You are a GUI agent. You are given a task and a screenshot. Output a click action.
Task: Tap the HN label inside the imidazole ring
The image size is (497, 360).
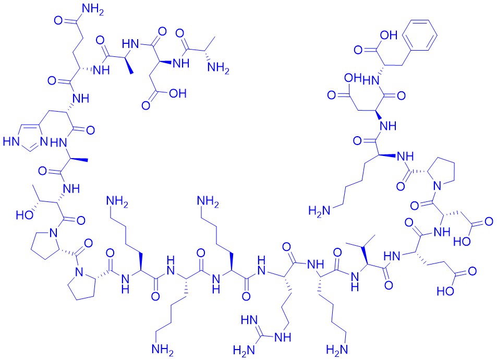coord(10,141)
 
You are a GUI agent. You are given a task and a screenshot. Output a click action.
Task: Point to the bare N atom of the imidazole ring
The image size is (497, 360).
coord(44,142)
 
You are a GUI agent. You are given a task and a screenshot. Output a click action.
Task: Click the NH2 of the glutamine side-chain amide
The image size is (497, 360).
coord(93,10)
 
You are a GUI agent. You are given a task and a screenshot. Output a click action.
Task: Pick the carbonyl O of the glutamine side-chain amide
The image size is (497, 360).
coord(58,21)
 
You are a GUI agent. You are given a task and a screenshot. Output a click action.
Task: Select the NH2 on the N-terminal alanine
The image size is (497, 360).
coord(218,69)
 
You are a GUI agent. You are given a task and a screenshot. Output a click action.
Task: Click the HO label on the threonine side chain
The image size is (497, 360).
coord(25,215)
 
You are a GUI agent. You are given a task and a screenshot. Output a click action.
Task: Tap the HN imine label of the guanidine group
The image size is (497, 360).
coord(249,320)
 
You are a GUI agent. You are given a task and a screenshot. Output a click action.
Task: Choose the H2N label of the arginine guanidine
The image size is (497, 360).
coord(244,350)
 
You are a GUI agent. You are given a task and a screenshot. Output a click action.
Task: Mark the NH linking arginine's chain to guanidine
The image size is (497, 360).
coord(283,337)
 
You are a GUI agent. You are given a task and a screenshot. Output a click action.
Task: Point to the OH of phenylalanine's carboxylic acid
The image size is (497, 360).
coord(389,35)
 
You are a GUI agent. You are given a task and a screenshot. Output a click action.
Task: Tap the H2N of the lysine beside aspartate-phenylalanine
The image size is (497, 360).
coord(320,211)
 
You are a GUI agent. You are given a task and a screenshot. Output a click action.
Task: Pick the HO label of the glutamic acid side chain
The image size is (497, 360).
coord(445,291)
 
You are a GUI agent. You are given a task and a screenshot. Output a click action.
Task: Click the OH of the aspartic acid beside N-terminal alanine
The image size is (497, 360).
coord(177,93)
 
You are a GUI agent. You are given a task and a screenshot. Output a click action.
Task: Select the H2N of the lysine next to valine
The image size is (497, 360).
coord(337,350)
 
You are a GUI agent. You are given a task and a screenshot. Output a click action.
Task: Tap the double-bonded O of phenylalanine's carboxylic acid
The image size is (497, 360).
coord(358,50)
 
